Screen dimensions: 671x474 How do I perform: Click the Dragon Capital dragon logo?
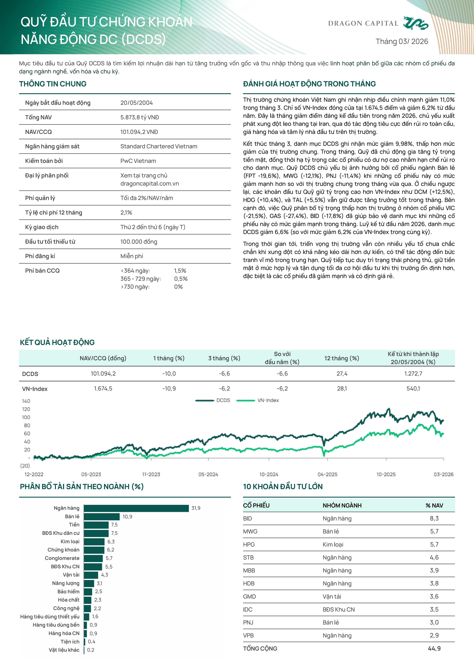tap(416, 23)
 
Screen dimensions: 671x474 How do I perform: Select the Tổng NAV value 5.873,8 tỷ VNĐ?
tap(140, 117)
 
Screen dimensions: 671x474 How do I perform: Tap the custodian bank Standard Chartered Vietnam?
tap(159, 146)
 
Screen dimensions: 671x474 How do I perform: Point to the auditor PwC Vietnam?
tap(138, 161)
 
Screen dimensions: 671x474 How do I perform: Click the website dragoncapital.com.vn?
tap(149, 184)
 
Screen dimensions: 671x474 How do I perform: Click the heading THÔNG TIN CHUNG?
tap(53, 84)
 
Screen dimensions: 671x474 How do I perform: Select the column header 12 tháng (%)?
tap(342, 358)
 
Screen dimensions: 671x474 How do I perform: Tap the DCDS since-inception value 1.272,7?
tap(413, 374)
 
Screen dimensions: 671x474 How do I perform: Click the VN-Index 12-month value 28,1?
tap(342, 389)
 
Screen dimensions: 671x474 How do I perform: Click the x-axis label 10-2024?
tap(269, 474)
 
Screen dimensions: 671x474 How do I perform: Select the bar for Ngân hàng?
tap(136, 508)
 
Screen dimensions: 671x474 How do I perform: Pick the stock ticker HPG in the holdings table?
tap(249, 544)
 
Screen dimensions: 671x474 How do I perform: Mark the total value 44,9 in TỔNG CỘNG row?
tap(434, 648)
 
